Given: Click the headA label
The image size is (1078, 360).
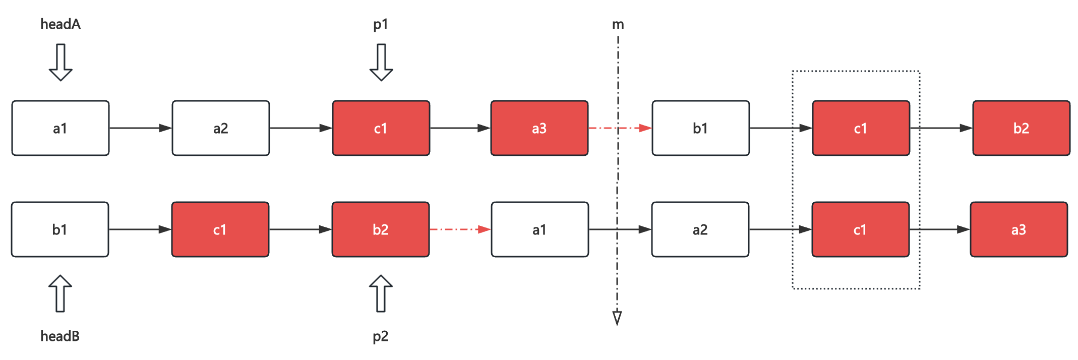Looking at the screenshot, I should (61, 24).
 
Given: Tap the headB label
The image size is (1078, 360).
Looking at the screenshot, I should (60, 336).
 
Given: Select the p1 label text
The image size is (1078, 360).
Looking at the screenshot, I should (381, 25).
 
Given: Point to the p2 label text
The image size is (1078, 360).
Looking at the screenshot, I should (381, 337).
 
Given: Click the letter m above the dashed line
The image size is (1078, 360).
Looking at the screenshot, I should (618, 25).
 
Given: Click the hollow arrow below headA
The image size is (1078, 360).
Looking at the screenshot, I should (61, 63).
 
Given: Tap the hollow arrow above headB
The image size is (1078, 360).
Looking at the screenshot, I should (60, 293).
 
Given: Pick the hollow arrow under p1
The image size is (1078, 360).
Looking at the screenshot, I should (381, 63).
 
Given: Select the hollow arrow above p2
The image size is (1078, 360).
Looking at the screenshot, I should (381, 293).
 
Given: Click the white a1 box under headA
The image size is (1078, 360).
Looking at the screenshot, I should (61, 128).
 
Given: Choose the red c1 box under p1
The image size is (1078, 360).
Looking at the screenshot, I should (381, 128).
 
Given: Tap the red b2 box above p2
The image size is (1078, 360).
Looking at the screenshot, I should (381, 229).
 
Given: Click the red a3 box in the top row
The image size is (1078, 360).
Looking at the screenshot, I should (540, 128).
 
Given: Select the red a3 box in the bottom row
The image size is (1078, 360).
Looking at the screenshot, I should (1019, 229).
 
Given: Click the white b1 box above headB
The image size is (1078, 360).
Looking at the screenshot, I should (60, 229).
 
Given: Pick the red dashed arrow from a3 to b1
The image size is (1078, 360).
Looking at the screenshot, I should (620, 128).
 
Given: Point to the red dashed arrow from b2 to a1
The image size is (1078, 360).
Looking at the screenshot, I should (460, 229).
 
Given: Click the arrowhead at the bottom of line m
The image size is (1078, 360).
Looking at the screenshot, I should (617, 318).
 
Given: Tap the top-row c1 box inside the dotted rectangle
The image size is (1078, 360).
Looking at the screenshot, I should (861, 128).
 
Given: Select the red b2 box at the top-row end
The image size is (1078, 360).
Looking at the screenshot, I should (1022, 128).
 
